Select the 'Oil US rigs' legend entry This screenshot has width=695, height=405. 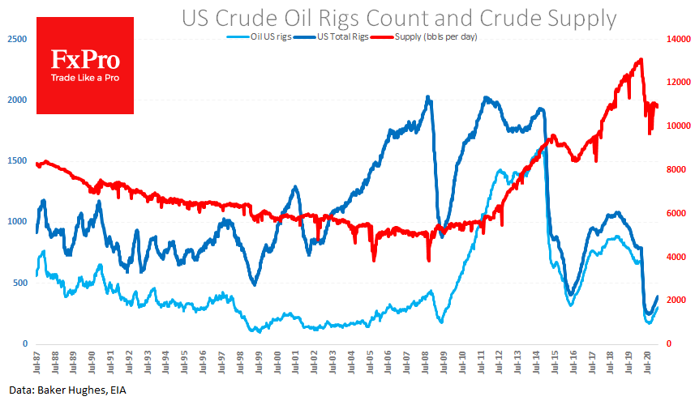point(270,37)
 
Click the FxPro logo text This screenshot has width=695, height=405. point(85,61)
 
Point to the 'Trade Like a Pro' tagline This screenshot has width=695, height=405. point(85,78)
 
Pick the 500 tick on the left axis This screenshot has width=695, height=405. point(18,282)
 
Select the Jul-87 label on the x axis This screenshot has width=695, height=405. point(37,360)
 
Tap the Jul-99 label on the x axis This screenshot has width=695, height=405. point(260,360)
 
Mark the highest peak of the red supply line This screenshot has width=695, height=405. point(641,59)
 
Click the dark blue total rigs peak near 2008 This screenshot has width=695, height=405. point(428,97)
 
